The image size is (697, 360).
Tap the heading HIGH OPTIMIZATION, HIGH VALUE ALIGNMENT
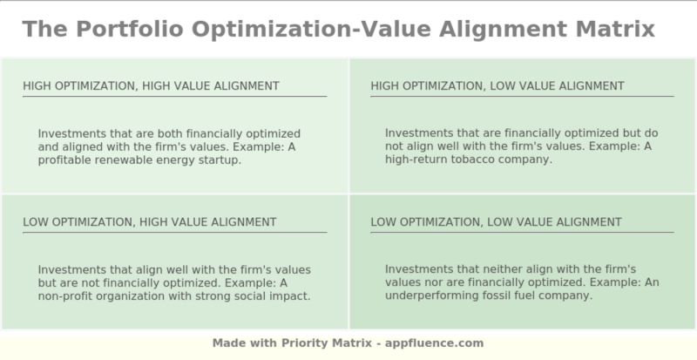[x=151, y=85]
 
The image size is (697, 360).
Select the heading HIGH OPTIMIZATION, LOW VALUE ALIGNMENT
[x=497, y=85]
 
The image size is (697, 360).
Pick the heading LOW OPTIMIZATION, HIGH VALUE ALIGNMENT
[x=149, y=222]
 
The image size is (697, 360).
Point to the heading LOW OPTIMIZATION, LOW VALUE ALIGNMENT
[x=496, y=222]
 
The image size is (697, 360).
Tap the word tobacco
[x=476, y=160]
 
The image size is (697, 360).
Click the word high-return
[x=416, y=160]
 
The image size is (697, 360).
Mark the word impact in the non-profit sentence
[x=289, y=296]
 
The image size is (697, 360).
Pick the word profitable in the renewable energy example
[x=66, y=160]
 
